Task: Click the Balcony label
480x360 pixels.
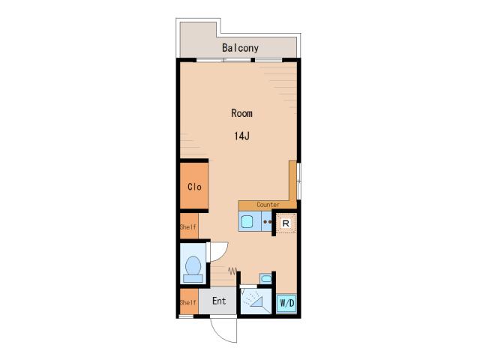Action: pyautogui.click(x=240, y=48)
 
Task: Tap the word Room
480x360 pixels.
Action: pyautogui.click(x=241, y=113)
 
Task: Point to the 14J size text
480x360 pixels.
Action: pyautogui.click(x=241, y=136)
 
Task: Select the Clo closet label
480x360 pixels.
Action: pyautogui.click(x=194, y=187)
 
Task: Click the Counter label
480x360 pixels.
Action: pyautogui.click(x=268, y=205)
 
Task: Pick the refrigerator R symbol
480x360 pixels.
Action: pyautogui.click(x=286, y=223)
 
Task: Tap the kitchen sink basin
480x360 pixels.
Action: pyautogui.click(x=247, y=222)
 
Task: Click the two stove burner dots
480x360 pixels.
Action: pyautogui.click(x=267, y=222)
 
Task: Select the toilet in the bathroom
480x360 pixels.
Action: pyautogui.click(x=193, y=269)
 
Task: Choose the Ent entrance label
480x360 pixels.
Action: pyautogui.click(x=219, y=301)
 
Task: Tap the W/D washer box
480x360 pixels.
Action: pyautogui.click(x=286, y=303)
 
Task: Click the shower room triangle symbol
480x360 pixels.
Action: pyautogui.click(x=257, y=301)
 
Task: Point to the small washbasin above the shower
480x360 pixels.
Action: pyautogui.click(x=265, y=278)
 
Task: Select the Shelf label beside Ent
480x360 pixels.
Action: pyautogui.click(x=188, y=302)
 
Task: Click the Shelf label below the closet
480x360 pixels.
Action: pyautogui.click(x=188, y=226)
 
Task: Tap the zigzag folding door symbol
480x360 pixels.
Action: pyautogui.click(x=232, y=271)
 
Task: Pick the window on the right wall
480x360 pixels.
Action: pyautogui.click(x=299, y=181)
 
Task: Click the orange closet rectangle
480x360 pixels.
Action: pyautogui.click(x=194, y=186)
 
